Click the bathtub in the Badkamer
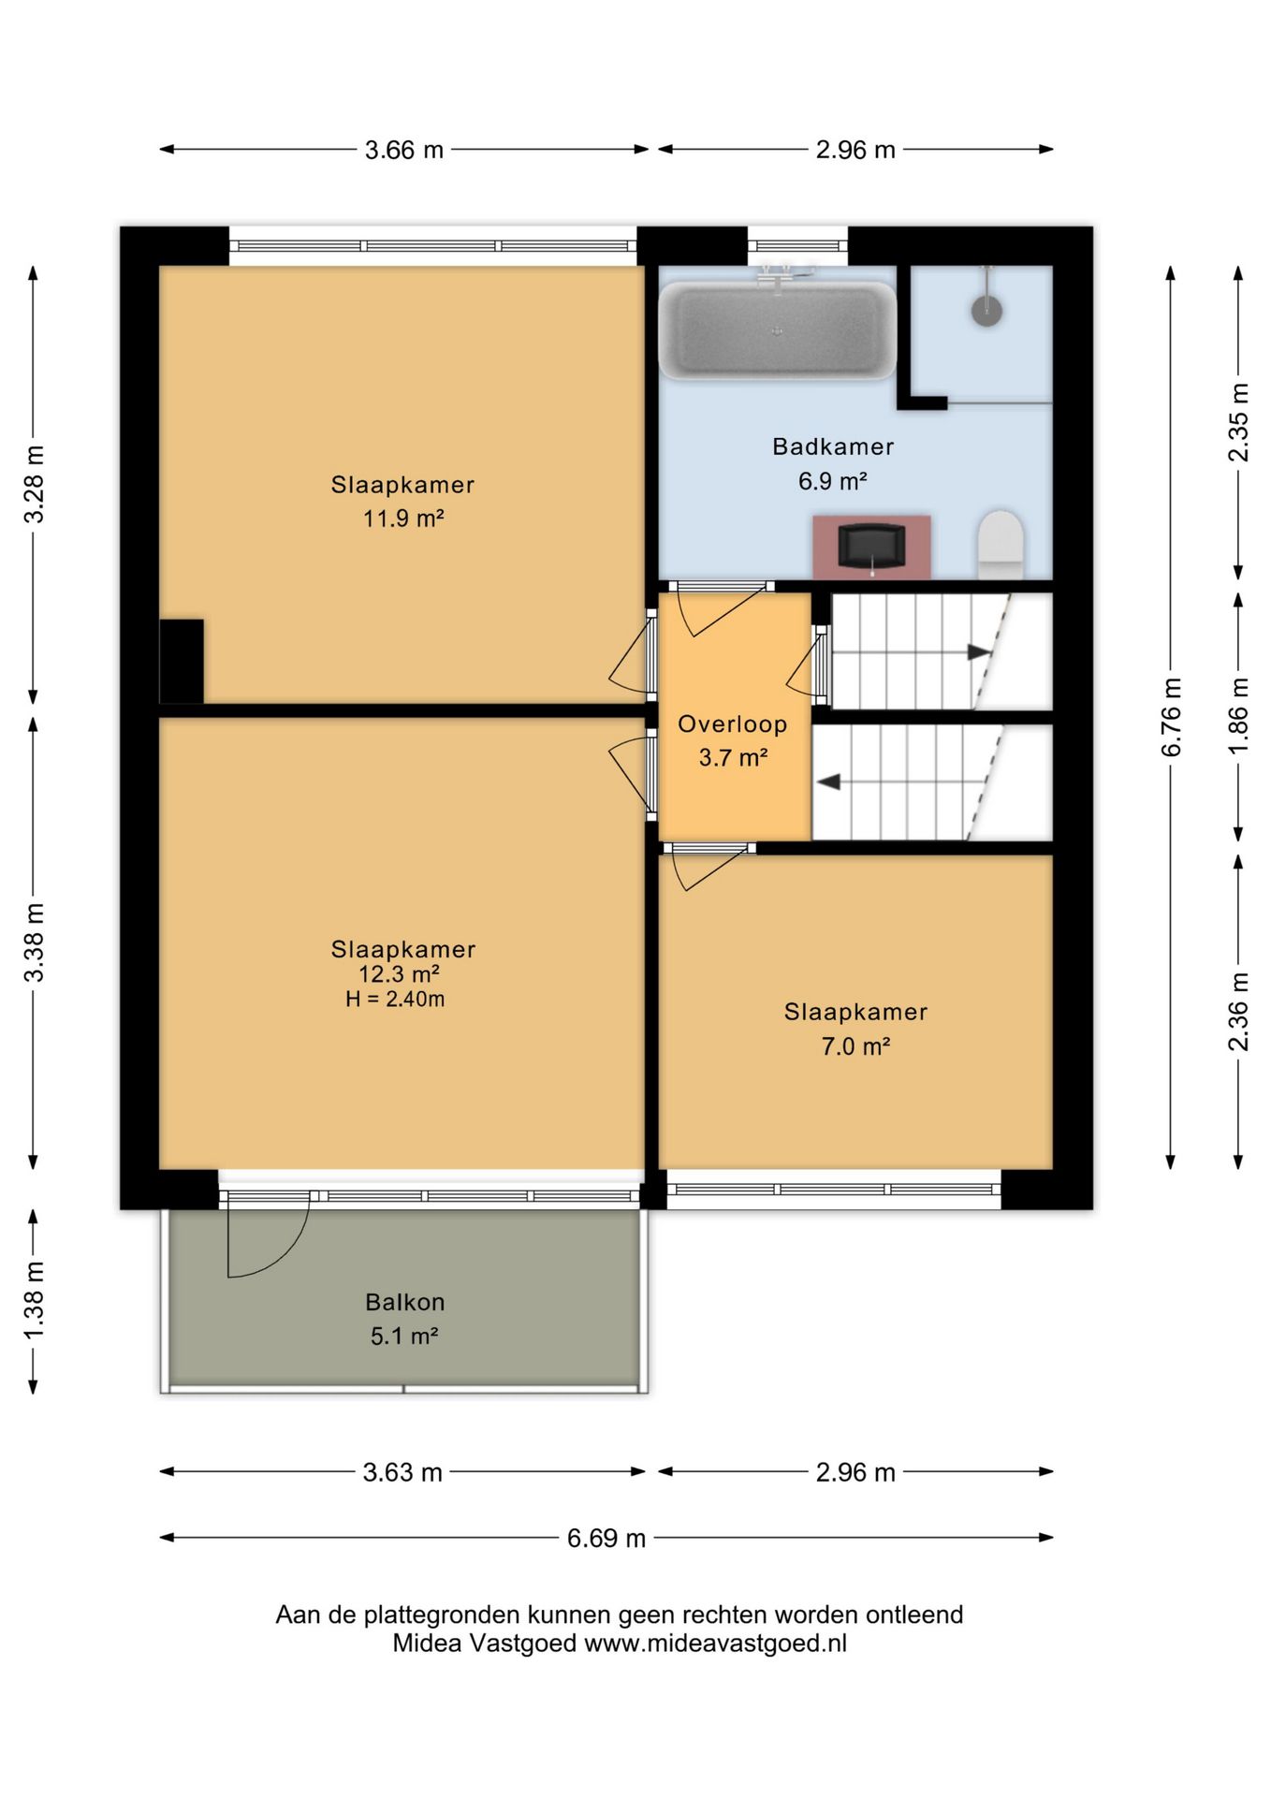777,330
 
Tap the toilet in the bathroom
1001,543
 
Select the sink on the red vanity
871,546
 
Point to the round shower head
986,310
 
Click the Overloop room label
732,723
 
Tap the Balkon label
404,1302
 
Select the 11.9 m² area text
403,518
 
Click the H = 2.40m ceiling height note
395,999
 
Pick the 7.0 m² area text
855,1046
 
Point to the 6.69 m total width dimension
606,1538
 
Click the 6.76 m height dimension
1171,717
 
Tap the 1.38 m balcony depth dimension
34,1301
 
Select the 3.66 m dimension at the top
403,150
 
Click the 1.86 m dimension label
1238,717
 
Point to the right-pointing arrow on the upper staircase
979,652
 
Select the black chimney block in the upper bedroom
182,661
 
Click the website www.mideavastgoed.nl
715,1644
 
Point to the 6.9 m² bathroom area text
832,481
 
